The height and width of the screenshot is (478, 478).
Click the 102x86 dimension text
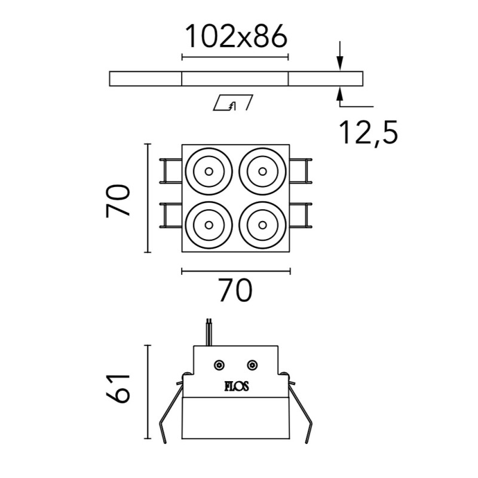pyautogui.click(x=236, y=36)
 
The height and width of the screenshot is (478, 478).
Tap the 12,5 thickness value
pyautogui.click(x=369, y=132)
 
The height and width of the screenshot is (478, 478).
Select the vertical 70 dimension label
pyautogui.click(x=118, y=200)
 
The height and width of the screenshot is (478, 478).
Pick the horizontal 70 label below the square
pyautogui.click(x=236, y=290)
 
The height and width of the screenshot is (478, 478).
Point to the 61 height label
pyautogui.click(x=118, y=388)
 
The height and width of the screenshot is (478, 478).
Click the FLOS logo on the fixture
pyautogui.click(x=237, y=387)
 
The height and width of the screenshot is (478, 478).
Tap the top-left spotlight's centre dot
pyautogui.click(x=209, y=171)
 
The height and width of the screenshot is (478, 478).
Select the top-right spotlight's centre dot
pyautogui.click(x=262, y=171)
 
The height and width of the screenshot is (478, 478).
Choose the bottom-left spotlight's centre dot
pyautogui.click(x=209, y=225)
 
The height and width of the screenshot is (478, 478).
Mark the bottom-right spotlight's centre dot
pyautogui.click(x=262, y=225)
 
